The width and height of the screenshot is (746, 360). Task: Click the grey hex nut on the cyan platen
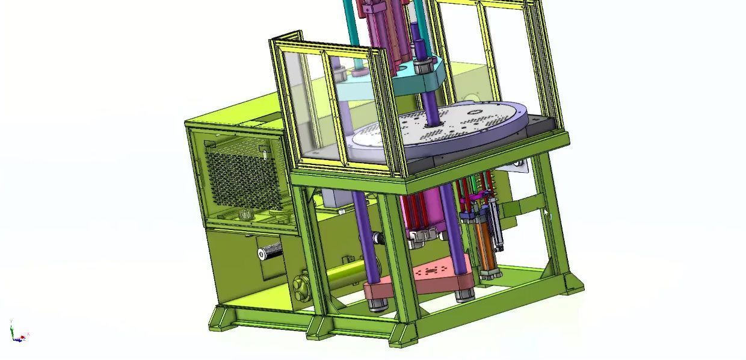424,65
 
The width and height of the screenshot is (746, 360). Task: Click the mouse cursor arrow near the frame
547,214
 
